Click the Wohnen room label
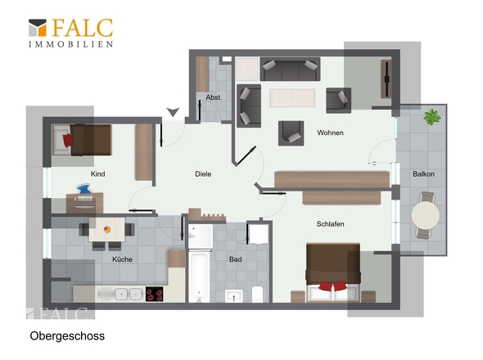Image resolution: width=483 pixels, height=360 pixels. [330, 133]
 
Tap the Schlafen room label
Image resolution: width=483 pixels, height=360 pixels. [330, 224]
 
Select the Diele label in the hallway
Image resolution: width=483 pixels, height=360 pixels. [203, 174]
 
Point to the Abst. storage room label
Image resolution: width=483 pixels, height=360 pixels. [214, 97]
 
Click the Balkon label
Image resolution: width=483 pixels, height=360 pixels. [423, 174]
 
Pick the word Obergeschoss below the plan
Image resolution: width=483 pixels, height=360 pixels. [67, 336]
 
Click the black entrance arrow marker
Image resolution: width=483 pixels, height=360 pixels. [173, 112]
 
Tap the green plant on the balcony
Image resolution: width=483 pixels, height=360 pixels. [432, 117]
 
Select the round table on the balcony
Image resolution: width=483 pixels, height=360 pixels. [426, 215]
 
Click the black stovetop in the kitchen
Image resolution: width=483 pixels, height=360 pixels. [154, 294]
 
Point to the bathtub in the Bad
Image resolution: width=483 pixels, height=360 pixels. [199, 277]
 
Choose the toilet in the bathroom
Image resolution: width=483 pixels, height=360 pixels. [257, 294]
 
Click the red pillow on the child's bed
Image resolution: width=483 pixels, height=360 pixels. [67, 141]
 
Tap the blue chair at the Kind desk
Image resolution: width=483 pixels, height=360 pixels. [84, 189]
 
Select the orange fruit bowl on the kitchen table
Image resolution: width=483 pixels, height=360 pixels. [107, 229]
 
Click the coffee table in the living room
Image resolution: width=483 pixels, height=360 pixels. [292, 98]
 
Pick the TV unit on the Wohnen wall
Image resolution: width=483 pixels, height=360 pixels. [386, 79]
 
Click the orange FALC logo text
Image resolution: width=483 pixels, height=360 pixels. [83, 28]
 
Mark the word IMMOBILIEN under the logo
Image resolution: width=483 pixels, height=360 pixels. [71, 44]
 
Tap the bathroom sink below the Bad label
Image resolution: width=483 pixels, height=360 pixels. [234, 296]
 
